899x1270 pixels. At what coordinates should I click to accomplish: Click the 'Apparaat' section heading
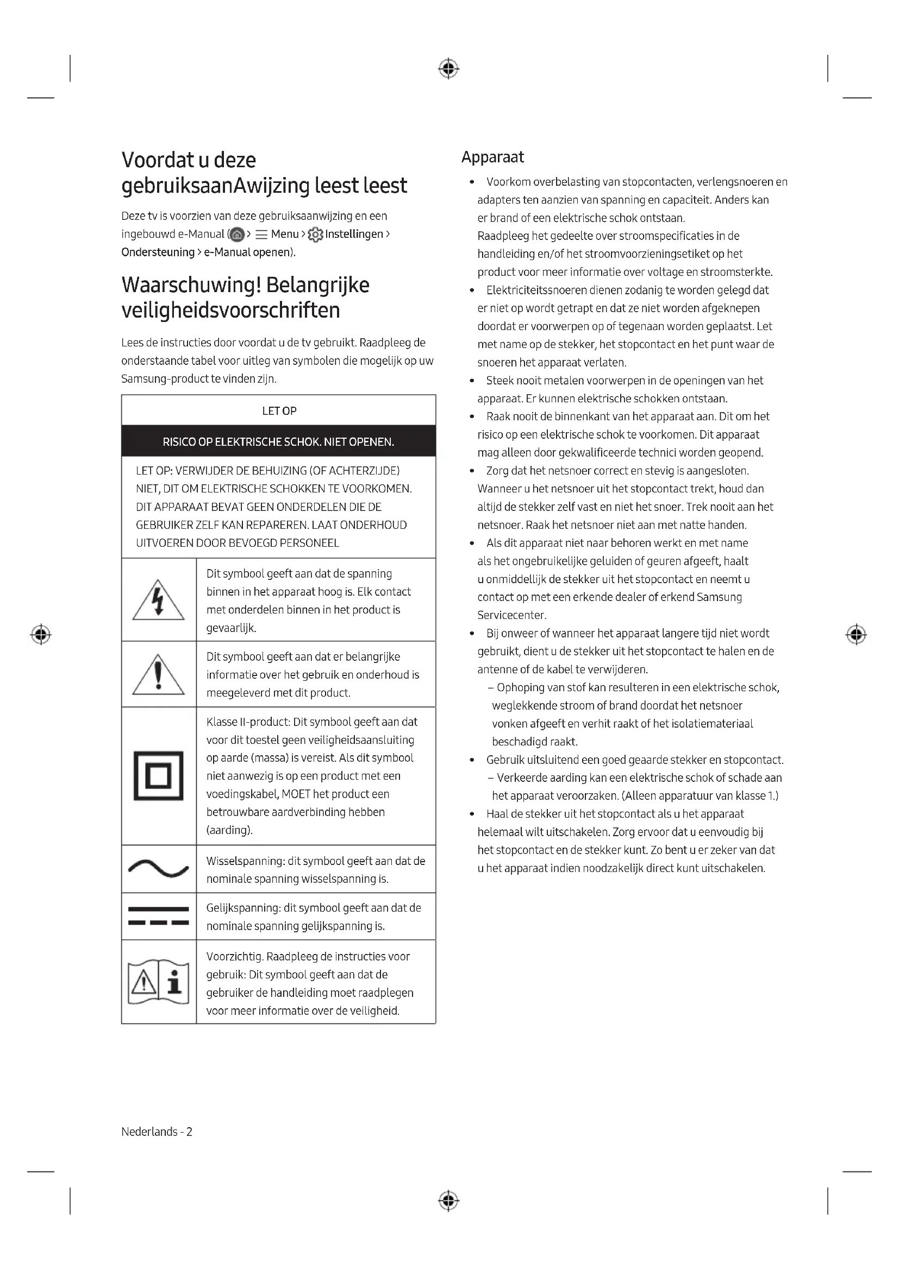click(x=492, y=157)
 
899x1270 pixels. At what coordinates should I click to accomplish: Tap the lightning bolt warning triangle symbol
click(x=158, y=600)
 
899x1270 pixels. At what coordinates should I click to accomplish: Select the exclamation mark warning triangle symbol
click(x=158, y=674)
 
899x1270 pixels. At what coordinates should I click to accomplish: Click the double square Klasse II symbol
click(x=158, y=775)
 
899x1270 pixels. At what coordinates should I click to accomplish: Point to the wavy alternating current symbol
click(x=158, y=869)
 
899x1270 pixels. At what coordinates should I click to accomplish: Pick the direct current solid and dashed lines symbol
click(x=158, y=916)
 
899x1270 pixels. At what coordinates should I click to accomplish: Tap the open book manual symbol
click(x=158, y=982)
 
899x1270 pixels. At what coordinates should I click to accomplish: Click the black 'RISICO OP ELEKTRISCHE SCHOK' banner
click(x=278, y=441)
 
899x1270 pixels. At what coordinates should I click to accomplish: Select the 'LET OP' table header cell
click(x=279, y=410)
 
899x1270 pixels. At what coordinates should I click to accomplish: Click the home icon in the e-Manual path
click(x=237, y=235)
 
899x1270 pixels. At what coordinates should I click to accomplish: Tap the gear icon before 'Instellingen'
click(x=316, y=235)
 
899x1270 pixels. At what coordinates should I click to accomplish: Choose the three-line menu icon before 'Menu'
click(x=261, y=235)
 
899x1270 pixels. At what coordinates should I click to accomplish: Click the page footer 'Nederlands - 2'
click(x=157, y=1132)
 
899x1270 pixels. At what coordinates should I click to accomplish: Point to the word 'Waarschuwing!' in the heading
click(x=191, y=285)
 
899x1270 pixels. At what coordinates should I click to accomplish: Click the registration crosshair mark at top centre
click(x=448, y=69)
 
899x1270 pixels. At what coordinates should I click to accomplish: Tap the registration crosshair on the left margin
click(x=40, y=634)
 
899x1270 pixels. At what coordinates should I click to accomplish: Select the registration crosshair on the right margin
click(x=856, y=634)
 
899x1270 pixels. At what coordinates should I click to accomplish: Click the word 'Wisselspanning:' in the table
click(x=245, y=861)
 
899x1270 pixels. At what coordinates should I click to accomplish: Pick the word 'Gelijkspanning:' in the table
click(x=243, y=908)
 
